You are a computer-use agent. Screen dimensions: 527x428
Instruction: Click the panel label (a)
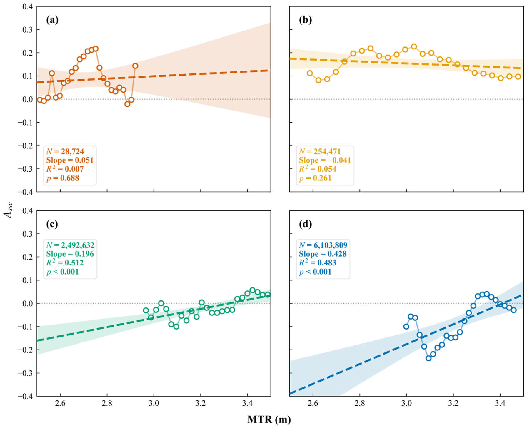pyautogui.click(x=52, y=20)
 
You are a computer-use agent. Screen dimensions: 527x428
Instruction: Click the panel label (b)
pyautogui.click(x=305, y=20)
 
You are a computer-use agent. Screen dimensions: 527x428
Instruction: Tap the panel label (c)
pyautogui.click(x=52, y=224)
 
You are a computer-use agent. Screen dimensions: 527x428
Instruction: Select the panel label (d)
pyautogui.click(x=305, y=224)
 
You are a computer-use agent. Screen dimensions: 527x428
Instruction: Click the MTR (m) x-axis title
pyautogui.click(x=269, y=419)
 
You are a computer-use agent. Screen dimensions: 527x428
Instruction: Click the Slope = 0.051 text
pyautogui.click(x=70, y=160)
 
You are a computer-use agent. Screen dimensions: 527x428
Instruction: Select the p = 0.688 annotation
pyautogui.click(x=63, y=178)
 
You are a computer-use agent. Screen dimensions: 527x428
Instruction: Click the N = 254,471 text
pyautogui.click(x=320, y=151)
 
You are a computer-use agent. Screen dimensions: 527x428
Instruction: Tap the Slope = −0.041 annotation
pyautogui.click(x=325, y=160)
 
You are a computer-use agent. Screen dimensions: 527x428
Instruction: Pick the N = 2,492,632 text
pyautogui.click(x=70, y=245)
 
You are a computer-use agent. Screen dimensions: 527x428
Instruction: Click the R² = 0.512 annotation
pyautogui.click(x=65, y=262)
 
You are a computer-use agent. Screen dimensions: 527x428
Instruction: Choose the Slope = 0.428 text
pyautogui.click(x=323, y=254)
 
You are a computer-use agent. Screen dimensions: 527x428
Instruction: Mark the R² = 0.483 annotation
pyautogui.click(x=318, y=262)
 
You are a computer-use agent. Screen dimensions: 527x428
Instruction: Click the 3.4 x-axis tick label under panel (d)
pyautogui.click(x=500, y=403)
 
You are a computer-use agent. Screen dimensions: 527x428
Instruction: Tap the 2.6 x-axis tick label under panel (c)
pyautogui.click(x=60, y=403)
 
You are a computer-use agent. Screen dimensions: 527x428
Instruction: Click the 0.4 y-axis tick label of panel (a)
pyautogui.click(x=27, y=6)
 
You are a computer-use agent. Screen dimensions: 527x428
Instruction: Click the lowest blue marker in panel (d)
pyautogui.click(x=428, y=358)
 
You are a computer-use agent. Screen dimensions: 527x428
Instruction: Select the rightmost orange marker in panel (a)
pyautogui.click(x=135, y=66)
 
